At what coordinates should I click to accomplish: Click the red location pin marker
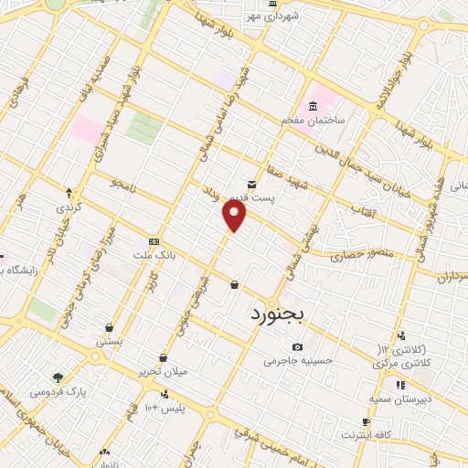[235, 215]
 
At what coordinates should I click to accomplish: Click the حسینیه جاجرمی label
[295, 361]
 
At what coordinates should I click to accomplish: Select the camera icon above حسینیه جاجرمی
[297, 347]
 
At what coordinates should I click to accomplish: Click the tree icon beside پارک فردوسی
[58, 377]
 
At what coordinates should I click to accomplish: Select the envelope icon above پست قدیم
[252, 184]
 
